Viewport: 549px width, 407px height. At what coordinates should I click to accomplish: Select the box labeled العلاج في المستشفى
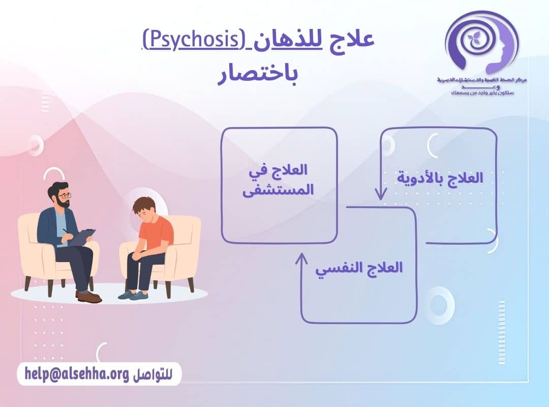[279, 185]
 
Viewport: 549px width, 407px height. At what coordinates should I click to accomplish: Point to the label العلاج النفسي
[359, 268]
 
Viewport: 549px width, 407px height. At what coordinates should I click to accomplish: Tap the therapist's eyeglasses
[65, 195]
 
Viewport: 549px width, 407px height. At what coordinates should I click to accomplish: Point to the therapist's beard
[62, 203]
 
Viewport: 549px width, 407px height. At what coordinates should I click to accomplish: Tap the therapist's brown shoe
[89, 297]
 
